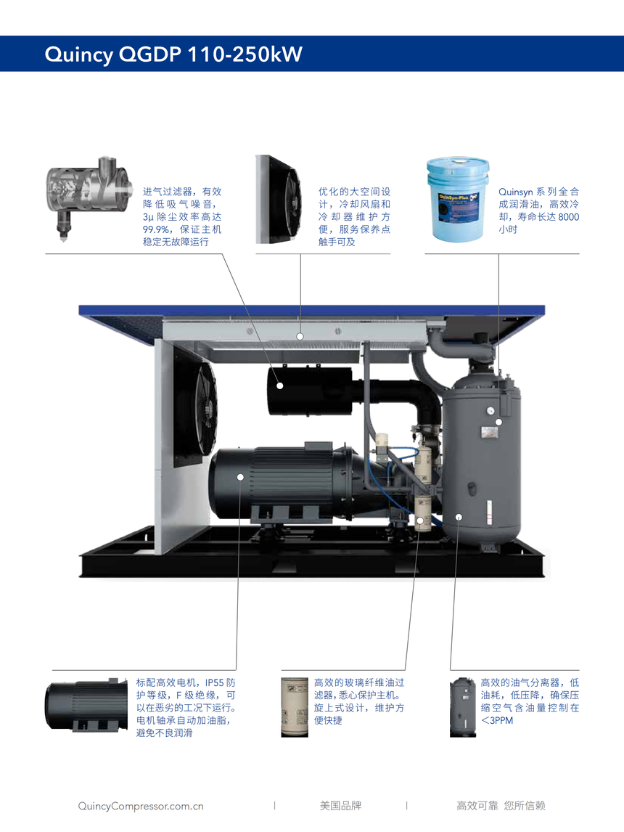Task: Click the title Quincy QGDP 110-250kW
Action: (x=173, y=54)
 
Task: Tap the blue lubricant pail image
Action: (x=458, y=200)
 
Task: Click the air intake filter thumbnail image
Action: (x=89, y=197)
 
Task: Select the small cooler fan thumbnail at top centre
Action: (x=279, y=200)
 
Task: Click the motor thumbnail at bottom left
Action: (x=86, y=705)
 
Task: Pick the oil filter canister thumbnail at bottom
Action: (x=295, y=707)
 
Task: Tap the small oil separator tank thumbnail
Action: (x=462, y=707)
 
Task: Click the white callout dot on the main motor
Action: (x=240, y=477)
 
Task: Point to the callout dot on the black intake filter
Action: (x=280, y=386)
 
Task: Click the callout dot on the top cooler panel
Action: (x=300, y=336)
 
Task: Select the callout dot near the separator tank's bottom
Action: (x=459, y=517)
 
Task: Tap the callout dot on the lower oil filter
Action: (x=420, y=521)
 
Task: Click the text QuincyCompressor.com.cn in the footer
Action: (x=141, y=806)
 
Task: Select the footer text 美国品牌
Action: (x=340, y=805)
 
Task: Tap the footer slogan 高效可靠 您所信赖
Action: (x=501, y=805)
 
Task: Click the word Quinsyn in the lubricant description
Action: (x=515, y=192)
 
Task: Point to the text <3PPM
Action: (x=497, y=721)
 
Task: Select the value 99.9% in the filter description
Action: (x=156, y=229)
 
